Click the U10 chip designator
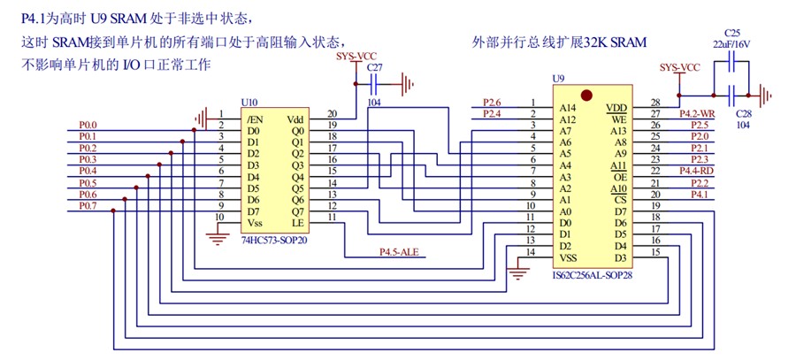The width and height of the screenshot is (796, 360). [x=250, y=104]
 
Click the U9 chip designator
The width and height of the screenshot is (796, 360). [x=558, y=80]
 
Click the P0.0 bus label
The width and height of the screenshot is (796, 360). [x=88, y=126]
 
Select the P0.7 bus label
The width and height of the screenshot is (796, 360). [x=88, y=206]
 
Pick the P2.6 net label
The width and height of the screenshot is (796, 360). [x=492, y=102]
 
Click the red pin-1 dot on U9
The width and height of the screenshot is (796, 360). [x=586, y=95]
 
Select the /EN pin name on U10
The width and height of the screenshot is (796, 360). [x=255, y=119]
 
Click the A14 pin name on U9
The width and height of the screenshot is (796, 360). [x=567, y=108]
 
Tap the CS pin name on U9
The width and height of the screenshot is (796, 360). [x=620, y=199]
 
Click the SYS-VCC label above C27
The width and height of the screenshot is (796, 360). [x=356, y=56]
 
